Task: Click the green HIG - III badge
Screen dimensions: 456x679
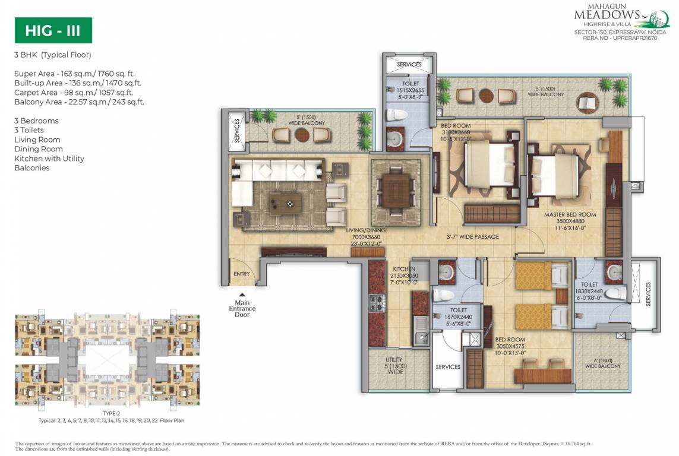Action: pos(53,30)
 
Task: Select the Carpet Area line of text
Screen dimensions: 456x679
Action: pos(74,93)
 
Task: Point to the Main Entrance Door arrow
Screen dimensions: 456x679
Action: pos(242,294)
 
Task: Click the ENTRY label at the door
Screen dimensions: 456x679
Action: pos(242,274)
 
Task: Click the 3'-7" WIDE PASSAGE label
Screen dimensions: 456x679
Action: pos(472,237)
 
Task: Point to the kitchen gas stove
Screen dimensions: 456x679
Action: pos(375,303)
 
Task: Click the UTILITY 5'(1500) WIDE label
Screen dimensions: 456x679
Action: pos(394,365)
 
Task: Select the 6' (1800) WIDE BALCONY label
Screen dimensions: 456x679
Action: pos(603,363)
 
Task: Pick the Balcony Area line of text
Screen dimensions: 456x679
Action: pos(79,102)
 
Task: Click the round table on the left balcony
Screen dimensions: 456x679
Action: pos(302,135)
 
